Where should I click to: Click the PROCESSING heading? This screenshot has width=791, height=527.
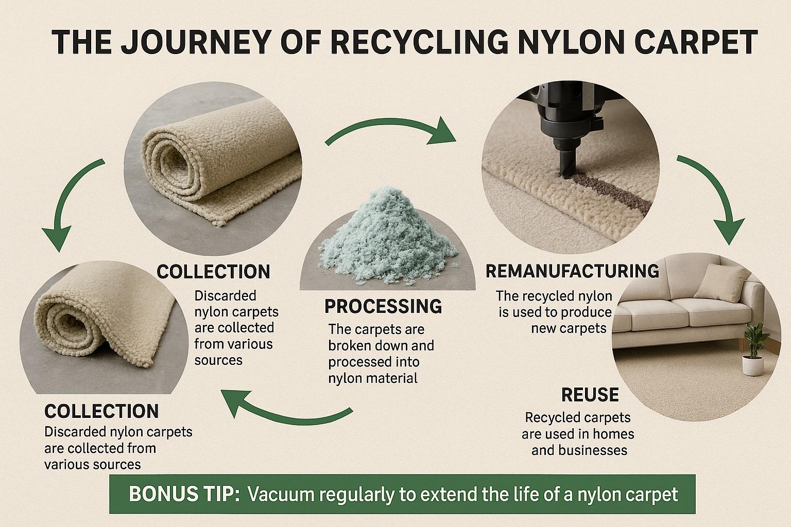(383, 306)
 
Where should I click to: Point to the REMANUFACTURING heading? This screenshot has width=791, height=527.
(572, 271)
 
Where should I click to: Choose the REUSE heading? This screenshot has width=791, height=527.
(590, 395)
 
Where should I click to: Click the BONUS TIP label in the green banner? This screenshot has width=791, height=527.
(184, 495)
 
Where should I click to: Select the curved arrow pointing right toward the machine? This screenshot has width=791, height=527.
(391, 129)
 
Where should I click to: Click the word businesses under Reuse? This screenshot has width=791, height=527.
(579, 450)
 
